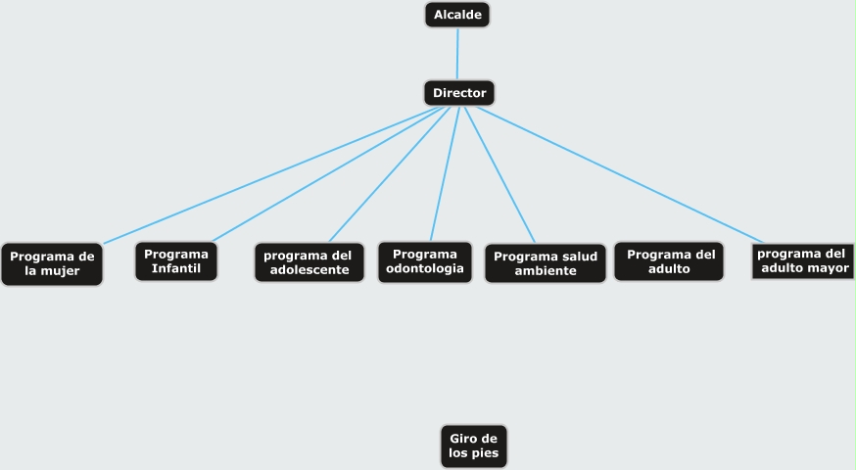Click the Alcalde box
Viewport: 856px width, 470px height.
click(x=457, y=15)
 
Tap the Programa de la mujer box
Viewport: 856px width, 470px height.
click(x=52, y=263)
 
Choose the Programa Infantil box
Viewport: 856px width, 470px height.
click(x=176, y=261)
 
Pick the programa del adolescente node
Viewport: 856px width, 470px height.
click(x=309, y=262)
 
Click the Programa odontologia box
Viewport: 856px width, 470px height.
click(x=425, y=261)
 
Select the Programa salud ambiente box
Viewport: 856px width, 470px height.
click(x=546, y=263)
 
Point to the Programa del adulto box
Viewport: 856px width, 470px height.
click(x=670, y=260)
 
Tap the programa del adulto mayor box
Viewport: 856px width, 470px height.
click(x=803, y=260)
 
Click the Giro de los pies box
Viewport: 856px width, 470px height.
click(x=474, y=446)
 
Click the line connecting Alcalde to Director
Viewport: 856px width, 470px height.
click(x=457, y=54)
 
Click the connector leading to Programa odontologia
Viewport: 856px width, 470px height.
click(x=443, y=174)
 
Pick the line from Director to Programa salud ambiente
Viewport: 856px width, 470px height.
click(x=499, y=174)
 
